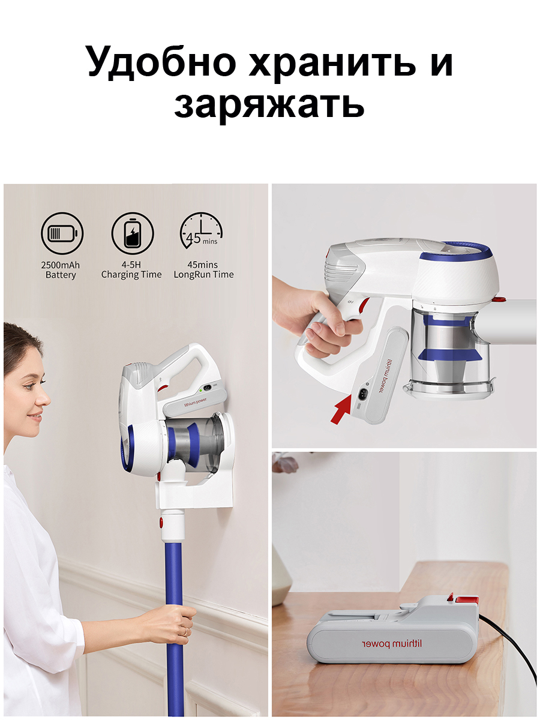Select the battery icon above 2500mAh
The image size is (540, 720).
[62, 233]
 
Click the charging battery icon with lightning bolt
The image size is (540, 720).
[132, 233]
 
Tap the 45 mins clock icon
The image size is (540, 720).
[202, 233]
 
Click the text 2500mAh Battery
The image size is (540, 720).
[61, 270]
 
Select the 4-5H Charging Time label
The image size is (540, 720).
[131, 270]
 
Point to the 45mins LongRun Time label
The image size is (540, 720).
[203, 270]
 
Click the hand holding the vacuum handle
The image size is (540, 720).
[327, 324]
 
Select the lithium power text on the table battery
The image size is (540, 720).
[391, 644]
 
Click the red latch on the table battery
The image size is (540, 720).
[466, 599]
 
